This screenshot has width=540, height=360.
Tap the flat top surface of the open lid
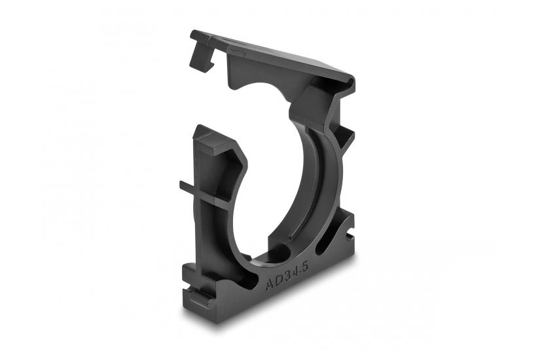pyautogui.click(x=275, y=59)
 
